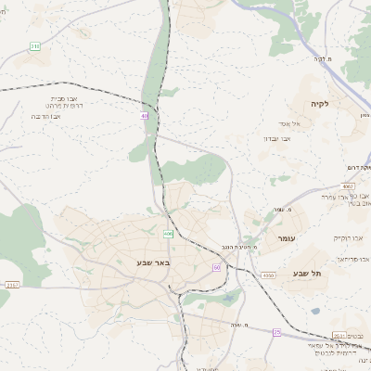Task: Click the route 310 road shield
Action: [35, 45]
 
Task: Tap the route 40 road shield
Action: [145, 116]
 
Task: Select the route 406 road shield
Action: [168, 234]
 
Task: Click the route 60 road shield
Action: [216, 267]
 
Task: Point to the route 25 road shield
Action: [276, 331]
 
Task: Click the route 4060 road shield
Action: [268, 275]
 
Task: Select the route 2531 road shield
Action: [339, 336]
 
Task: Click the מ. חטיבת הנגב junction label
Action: [239, 247]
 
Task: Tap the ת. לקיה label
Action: [322, 59]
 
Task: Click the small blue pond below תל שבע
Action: [315, 311]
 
